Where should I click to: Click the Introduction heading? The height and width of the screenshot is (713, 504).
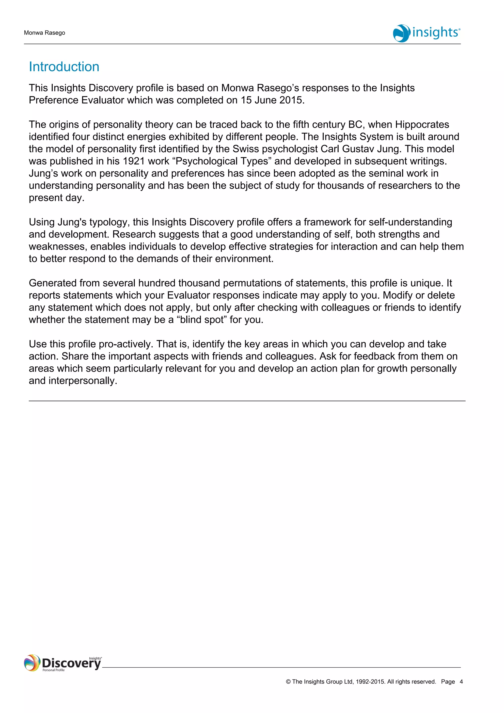click(64, 67)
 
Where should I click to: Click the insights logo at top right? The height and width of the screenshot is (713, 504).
click(426, 33)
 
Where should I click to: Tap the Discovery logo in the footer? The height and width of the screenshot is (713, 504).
click(63, 663)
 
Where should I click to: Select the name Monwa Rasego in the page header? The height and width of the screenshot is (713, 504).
click(44, 33)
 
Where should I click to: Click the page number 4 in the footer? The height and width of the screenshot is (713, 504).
click(461, 682)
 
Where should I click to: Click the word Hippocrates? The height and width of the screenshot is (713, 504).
click(422, 125)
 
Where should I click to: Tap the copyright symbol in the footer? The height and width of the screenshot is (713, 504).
click(288, 682)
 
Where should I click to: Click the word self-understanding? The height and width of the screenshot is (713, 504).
click(410, 222)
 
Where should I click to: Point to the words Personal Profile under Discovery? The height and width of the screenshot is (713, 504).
click(53, 670)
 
